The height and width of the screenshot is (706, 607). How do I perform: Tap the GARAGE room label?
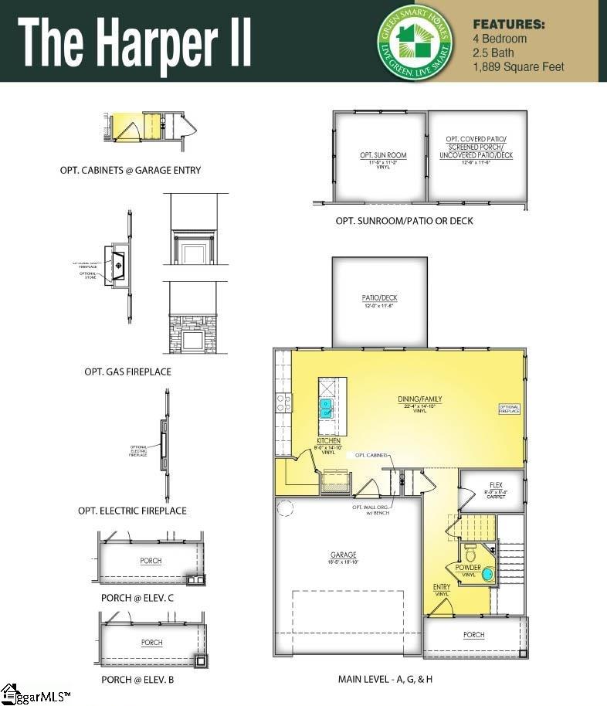click(344, 555)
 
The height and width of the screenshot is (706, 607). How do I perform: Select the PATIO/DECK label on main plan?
click(379, 298)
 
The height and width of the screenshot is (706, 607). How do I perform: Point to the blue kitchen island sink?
click(327, 407)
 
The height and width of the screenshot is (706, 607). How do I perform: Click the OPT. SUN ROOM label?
click(383, 155)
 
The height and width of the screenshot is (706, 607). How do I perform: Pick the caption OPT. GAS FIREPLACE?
click(127, 372)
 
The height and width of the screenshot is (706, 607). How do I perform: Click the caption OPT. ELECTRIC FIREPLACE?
click(132, 511)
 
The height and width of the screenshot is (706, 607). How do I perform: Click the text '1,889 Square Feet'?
click(518, 66)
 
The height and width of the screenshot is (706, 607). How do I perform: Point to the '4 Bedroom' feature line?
click(500, 39)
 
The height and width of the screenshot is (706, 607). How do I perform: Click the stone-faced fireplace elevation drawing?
click(193, 334)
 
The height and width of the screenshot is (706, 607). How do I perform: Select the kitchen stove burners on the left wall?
click(283, 402)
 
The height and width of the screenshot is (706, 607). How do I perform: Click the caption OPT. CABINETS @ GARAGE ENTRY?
click(131, 170)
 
